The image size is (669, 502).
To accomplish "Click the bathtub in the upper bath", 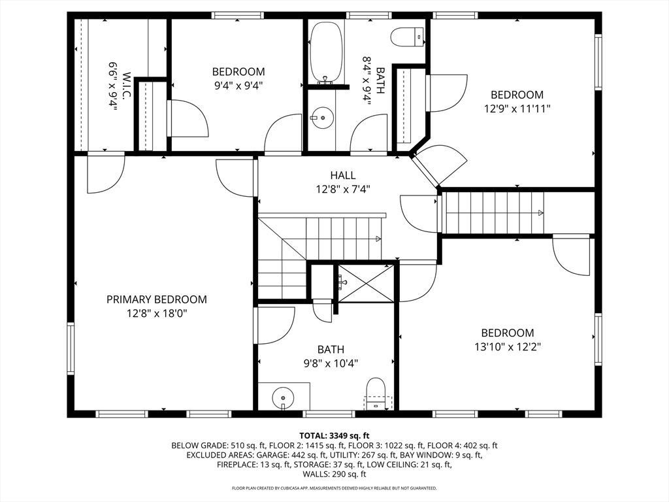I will (x=326, y=52).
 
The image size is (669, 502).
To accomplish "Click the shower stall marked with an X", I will (x=365, y=284).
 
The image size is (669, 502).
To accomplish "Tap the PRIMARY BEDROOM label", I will (x=157, y=299).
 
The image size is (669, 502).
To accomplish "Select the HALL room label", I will (x=343, y=175).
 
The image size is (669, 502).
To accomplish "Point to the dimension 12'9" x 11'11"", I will (x=517, y=109).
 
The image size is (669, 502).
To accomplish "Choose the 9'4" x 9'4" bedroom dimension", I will (x=238, y=85).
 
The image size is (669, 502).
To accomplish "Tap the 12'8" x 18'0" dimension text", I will (x=157, y=313).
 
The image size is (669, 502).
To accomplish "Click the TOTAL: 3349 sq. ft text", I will (x=334, y=435).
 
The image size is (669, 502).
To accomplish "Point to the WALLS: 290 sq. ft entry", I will (x=334, y=475).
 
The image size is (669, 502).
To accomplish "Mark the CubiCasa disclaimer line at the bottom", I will (x=334, y=488).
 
